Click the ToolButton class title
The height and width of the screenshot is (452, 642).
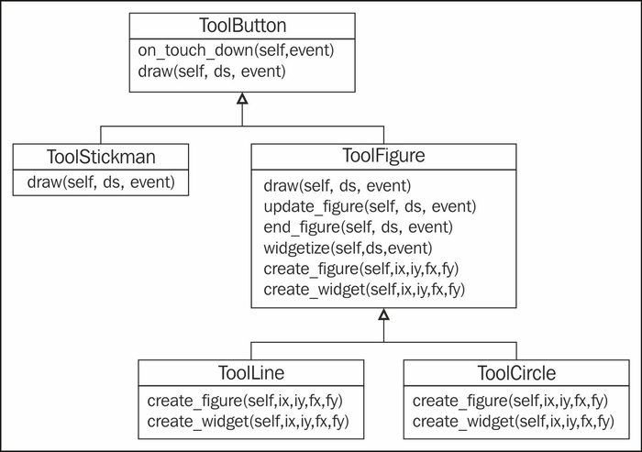click(243, 26)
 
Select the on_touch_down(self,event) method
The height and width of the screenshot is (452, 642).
click(237, 50)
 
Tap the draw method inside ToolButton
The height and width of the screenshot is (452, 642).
click(212, 72)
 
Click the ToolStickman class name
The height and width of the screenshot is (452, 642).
click(101, 157)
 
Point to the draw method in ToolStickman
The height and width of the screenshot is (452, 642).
click(101, 182)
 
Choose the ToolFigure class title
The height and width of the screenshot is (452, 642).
click(383, 156)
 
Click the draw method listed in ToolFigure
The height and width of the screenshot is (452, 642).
click(338, 186)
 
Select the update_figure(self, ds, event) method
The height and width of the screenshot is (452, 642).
click(371, 206)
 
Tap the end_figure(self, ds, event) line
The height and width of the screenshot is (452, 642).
click(359, 226)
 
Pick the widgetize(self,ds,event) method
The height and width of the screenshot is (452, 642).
click(348, 248)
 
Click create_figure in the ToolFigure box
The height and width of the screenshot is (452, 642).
click(361, 269)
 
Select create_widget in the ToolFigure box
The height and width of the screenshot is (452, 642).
click(364, 290)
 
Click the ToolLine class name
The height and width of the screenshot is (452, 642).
click(251, 372)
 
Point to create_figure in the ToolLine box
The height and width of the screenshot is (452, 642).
click(245, 401)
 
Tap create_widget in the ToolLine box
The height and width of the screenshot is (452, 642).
click(249, 422)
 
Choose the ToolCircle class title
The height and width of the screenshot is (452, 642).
click(516, 372)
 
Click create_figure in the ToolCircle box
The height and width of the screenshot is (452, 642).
click(510, 401)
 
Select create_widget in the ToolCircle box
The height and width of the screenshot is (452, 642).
click(514, 422)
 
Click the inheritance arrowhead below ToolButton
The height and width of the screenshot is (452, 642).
click(242, 99)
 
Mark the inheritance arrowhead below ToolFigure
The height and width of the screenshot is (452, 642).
click(383, 314)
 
